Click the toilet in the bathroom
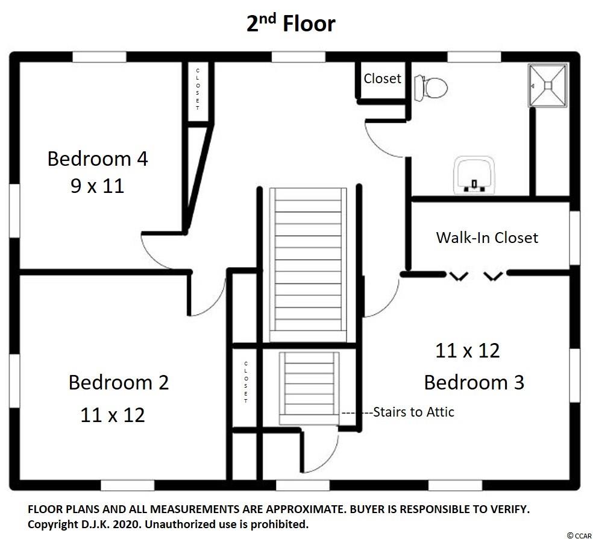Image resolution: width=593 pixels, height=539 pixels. pos(430,88)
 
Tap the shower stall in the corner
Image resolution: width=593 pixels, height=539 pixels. pos(548,86)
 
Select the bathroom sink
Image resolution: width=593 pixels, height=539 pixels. pos(475,175)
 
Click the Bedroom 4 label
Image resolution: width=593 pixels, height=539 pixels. pos(98,159)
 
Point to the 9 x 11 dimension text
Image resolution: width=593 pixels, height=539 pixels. pos(98,186)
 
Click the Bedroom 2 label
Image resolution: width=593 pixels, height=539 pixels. pos(118,382)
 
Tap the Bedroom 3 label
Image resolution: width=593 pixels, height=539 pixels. pos(474,382)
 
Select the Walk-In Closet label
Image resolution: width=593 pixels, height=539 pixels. pos(487,238)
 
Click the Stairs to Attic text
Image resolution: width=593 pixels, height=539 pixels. pos(414,412)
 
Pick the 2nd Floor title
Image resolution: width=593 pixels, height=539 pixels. pos(291,23)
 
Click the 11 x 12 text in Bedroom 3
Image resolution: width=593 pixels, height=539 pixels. pos(468,350)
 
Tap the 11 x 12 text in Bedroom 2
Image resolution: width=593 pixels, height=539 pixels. pos(113,415)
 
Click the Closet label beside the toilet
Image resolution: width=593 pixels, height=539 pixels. pos(382,78)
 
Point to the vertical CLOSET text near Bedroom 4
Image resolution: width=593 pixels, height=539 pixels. pos(198,89)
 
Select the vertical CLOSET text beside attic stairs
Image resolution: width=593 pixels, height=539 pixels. pos(246,382)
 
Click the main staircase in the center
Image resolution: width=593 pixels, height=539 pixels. pos(308,265)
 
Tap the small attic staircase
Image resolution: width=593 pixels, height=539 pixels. pos(309,388)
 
